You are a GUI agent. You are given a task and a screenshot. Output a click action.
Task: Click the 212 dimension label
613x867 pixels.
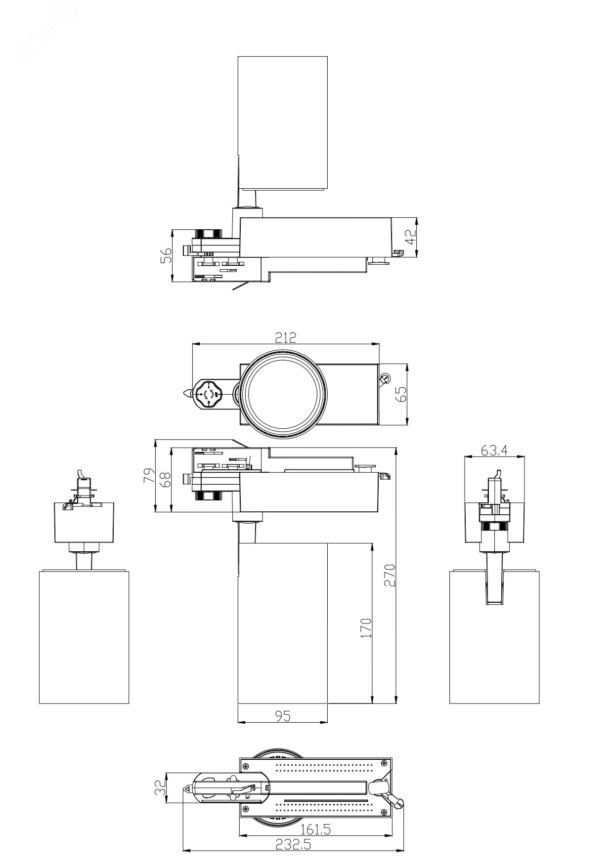(x=285, y=337)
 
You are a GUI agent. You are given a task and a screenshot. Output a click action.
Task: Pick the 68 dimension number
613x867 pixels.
(x=165, y=480)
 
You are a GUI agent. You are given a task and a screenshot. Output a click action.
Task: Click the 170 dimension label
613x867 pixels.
(x=365, y=627)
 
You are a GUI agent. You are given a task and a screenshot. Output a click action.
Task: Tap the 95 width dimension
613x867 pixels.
(x=282, y=716)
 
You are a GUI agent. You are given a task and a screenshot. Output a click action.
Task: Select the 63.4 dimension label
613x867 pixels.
(x=494, y=450)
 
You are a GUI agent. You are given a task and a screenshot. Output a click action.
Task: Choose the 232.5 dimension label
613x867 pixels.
(x=294, y=845)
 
